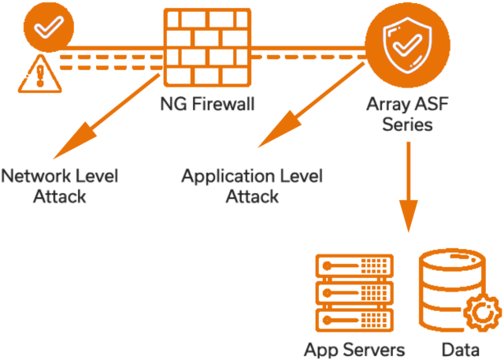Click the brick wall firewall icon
[x=207, y=49]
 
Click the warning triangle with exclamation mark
[x=34, y=76]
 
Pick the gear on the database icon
[x=482, y=313]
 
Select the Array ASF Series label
[x=406, y=115]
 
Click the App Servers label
[x=354, y=349]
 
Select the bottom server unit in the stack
[x=354, y=319]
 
